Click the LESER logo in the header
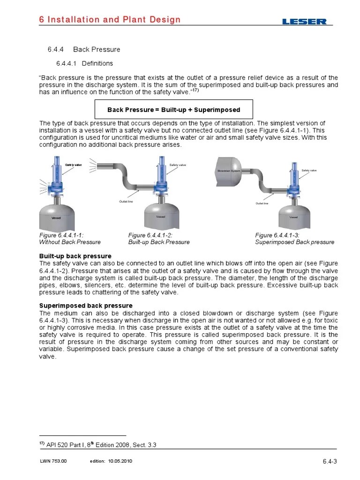tap(305, 21)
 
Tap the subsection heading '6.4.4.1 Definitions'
tap(84, 63)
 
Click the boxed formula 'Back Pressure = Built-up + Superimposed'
tap(173, 110)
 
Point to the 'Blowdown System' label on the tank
tap(229, 171)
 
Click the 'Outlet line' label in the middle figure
tap(127, 201)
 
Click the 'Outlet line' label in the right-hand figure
tap(262, 203)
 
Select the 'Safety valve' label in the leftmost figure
tap(73, 165)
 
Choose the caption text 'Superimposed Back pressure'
tap(294, 242)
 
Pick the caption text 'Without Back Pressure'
tap(69, 242)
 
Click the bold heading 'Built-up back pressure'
tap(75, 256)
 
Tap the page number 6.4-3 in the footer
tap(330, 462)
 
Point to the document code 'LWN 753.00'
tap(53, 461)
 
